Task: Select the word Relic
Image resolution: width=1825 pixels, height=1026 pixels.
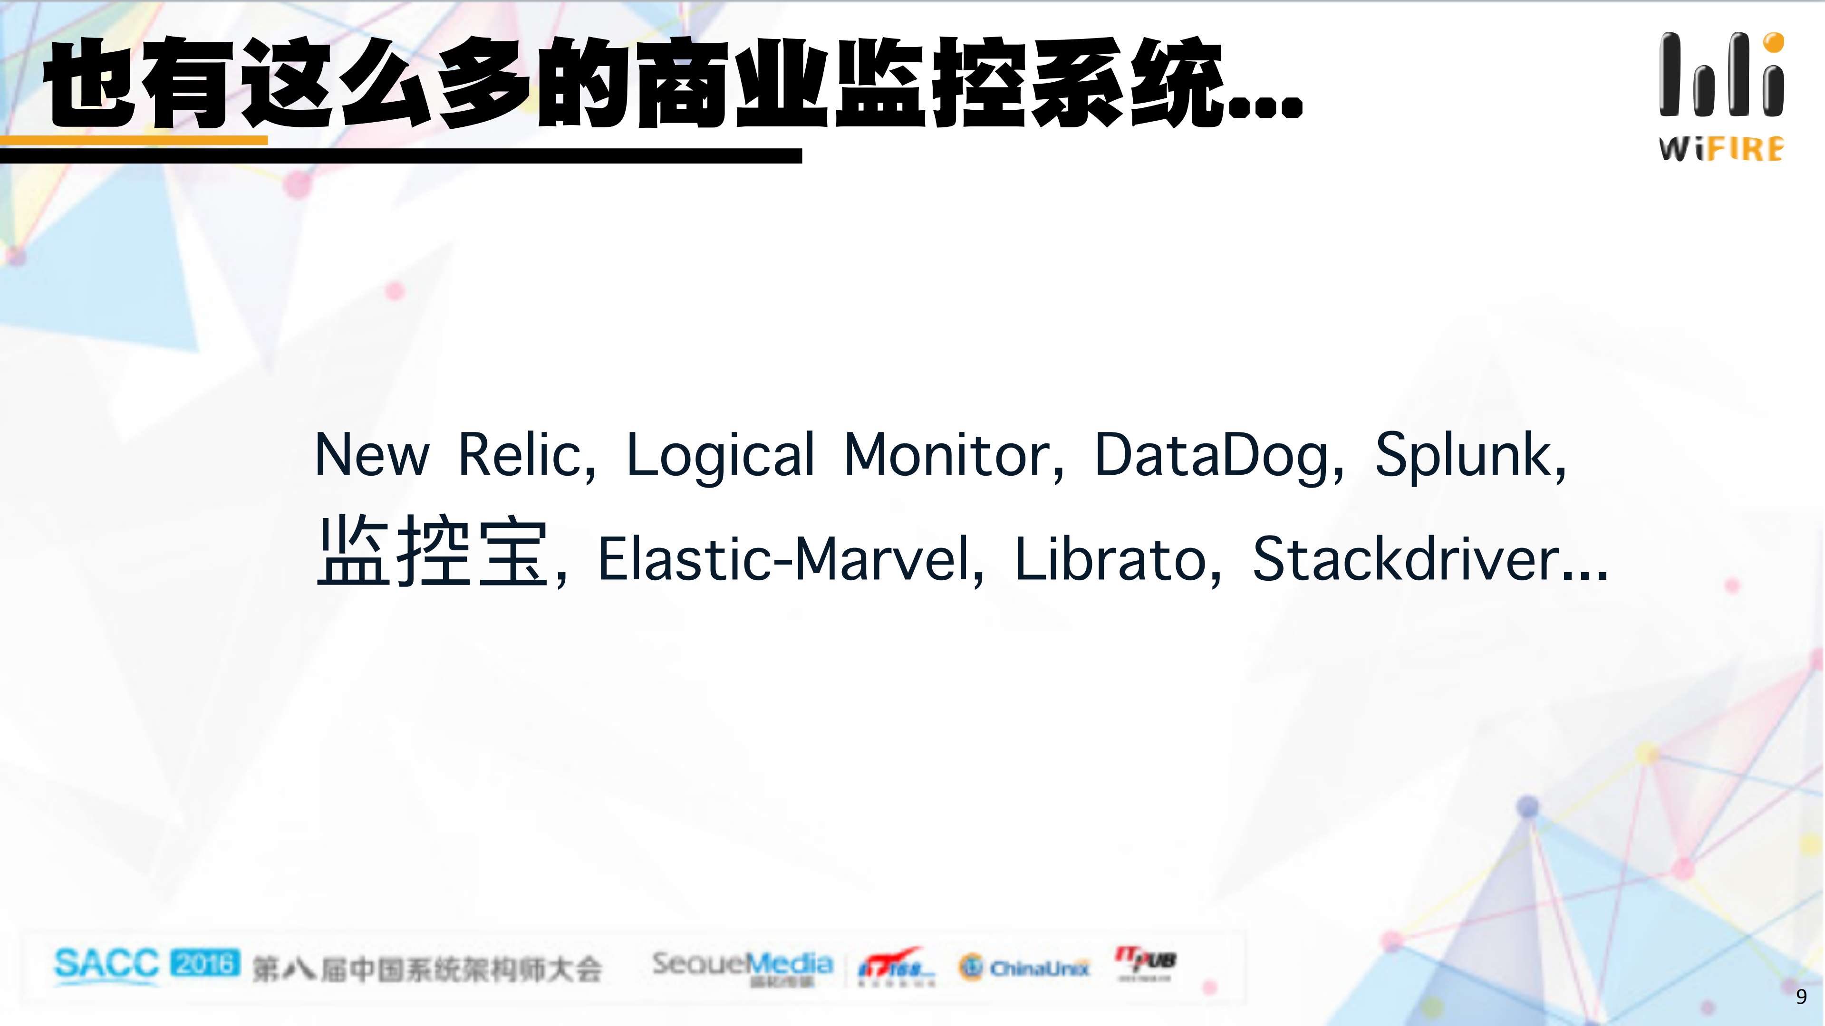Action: coord(526,455)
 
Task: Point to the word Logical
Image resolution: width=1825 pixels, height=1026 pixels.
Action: coord(720,455)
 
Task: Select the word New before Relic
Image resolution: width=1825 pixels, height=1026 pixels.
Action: coord(372,455)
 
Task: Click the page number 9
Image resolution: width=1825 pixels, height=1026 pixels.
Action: coord(1801,997)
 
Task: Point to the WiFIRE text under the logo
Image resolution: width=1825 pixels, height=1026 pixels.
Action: coord(1721,149)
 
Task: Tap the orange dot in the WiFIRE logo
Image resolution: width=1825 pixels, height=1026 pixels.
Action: coord(1773,42)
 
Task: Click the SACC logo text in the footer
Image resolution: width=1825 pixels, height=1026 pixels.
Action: coord(106,964)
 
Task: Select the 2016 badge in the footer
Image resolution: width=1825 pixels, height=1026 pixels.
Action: coord(205,963)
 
